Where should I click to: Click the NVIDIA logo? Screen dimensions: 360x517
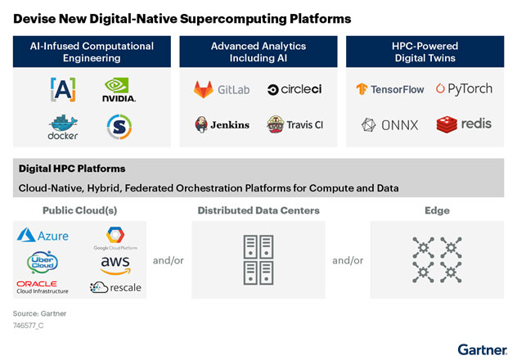coord(119,89)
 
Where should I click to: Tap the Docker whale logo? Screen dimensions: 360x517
coord(62,127)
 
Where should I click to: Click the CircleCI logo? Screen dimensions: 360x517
coord(294,88)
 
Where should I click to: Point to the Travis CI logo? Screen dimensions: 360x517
coord(294,124)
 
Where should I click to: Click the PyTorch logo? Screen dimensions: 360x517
coord(464,88)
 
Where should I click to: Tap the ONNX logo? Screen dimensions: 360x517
coord(391,124)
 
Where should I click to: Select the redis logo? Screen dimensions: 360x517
coord(464,124)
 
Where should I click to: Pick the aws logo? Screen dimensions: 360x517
coord(115,263)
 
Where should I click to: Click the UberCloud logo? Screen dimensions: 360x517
coord(41,262)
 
